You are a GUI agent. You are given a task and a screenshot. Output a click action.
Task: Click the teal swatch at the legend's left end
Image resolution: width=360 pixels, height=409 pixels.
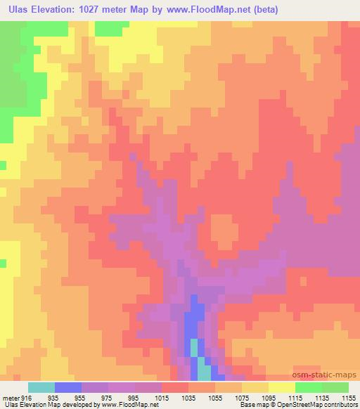41,387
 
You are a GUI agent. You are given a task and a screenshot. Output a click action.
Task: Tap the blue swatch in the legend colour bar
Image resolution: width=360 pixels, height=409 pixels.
68,387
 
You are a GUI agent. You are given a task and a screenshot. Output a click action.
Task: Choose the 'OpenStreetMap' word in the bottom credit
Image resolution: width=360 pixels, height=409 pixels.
294,405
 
